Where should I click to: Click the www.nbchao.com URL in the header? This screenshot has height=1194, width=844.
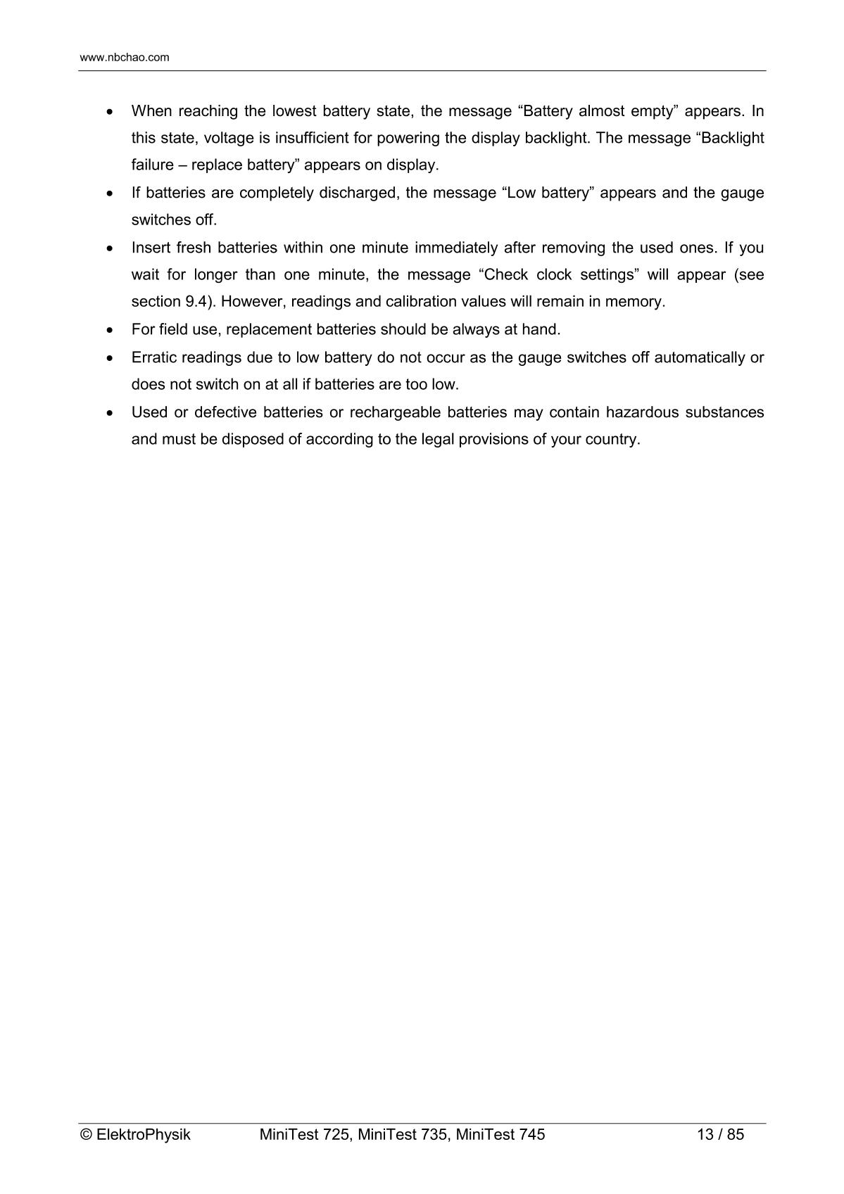click(125, 58)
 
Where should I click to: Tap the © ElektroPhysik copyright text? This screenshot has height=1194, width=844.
click(135, 1134)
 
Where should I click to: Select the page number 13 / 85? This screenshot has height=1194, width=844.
click(720, 1134)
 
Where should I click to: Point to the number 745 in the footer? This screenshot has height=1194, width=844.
click(531, 1134)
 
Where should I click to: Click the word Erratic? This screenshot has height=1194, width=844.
click(154, 357)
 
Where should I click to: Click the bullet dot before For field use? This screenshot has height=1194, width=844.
click(109, 330)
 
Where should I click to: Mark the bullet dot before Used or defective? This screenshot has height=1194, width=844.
click(109, 413)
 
